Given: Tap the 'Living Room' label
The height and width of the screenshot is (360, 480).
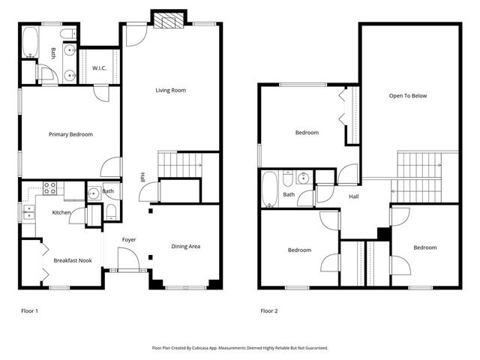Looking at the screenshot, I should pyautogui.click(x=170, y=91).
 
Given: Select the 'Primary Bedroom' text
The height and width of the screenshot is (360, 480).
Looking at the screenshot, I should pyautogui.click(x=70, y=134).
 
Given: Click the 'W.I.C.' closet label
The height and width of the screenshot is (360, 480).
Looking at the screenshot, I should pyautogui.click(x=100, y=68).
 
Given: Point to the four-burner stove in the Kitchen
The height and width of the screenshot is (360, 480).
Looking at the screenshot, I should pyautogui.click(x=51, y=188).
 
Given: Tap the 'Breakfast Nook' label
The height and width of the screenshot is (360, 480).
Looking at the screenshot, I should pyautogui.click(x=72, y=260).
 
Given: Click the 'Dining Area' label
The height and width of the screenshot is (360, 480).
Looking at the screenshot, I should pyautogui.click(x=185, y=246).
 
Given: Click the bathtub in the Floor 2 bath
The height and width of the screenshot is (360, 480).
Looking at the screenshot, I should pyautogui.click(x=270, y=188).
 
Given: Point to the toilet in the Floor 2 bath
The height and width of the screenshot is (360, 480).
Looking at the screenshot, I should pyautogui.click(x=286, y=179).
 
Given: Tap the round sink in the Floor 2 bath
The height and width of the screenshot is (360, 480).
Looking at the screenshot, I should pyautogui.click(x=304, y=178).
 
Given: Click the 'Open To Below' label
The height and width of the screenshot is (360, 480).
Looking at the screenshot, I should pyautogui.click(x=408, y=96).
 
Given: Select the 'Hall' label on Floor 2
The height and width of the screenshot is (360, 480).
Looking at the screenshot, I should pyautogui.click(x=354, y=197).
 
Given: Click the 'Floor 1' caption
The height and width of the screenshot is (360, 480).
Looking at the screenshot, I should pyautogui.click(x=29, y=310).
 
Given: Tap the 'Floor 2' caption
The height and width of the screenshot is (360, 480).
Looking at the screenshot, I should pyautogui.click(x=268, y=310).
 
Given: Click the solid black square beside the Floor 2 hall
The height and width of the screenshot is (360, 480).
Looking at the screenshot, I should pyautogui.click(x=383, y=233).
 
